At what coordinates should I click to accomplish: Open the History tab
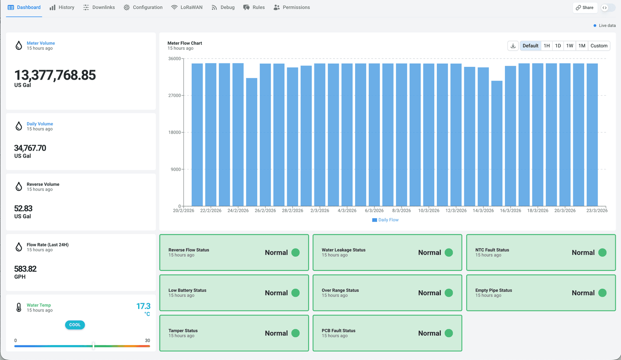(x=62, y=7)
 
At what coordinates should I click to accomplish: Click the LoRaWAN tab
(x=187, y=7)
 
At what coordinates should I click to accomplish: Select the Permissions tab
(x=291, y=7)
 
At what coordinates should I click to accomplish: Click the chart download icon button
(x=513, y=46)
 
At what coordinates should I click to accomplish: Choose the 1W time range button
(x=570, y=46)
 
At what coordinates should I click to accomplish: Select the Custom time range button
(x=599, y=46)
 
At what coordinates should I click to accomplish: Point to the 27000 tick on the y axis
(x=174, y=96)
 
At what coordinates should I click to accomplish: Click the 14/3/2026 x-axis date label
(x=483, y=211)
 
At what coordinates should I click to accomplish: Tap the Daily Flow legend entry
(x=385, y=220)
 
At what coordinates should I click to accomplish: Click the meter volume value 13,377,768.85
(x=55, y=75)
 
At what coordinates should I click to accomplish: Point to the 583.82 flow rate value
(x=25, y=269)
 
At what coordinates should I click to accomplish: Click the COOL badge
(x=75, y=325)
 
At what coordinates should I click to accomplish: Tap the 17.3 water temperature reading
(x=144, y=306)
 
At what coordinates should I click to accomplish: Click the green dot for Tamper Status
(x=295, y=333)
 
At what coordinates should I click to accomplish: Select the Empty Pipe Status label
(x=494, y=290)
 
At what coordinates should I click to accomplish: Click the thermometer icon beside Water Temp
(x=19, y=307)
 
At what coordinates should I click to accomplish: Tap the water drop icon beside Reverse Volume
(x=19, y=187)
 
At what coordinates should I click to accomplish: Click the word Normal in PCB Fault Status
(x=429, y=333)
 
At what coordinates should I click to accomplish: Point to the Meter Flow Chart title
(x=185, y=43)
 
